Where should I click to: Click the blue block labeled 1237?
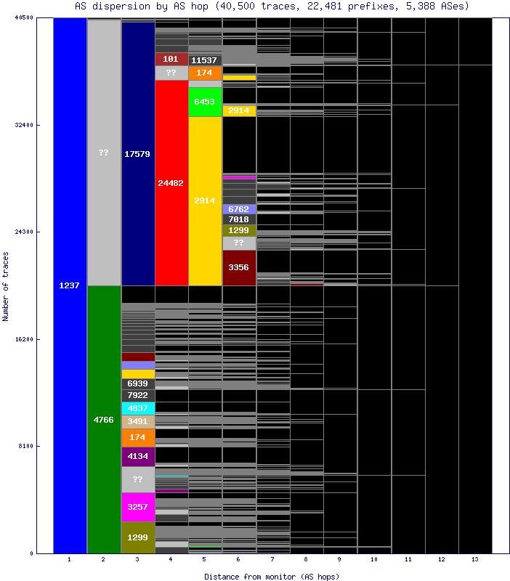[x=69, y=285]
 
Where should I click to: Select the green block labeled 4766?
[x=103, y=419]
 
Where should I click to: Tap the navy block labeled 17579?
[x=137, y=154]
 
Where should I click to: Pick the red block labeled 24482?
[x=171, y=182]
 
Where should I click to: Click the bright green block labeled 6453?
[x=205, y=102]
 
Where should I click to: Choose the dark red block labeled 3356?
[x=239, y=268]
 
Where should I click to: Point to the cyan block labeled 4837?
[x=137, y=408]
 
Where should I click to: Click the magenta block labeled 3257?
[x=137, y=507]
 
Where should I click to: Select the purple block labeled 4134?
[x=137, y=456]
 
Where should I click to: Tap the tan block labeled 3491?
[x=137, y=421]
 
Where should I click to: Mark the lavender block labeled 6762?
[x=239, y=208]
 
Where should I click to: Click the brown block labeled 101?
[x=171, y=59]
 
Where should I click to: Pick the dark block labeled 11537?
[x=205, y=60]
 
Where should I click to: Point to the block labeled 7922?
[x=137, y=395]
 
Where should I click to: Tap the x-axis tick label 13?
[x=475, y=560]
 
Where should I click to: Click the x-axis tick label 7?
[x=272, y=560]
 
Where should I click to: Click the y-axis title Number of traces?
[x=6, y=286]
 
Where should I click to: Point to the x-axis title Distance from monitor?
[x=272, y=576]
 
